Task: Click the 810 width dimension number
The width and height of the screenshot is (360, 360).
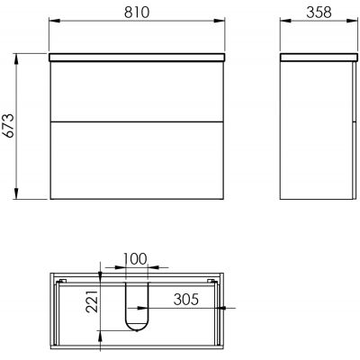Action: pos(137,13)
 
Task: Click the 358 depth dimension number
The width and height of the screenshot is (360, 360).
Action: pos(319,13)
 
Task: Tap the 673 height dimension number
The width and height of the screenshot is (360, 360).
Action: pos(9,126)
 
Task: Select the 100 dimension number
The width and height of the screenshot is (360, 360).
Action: pos(136,259)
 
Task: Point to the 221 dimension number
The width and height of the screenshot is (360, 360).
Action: pos(92,301)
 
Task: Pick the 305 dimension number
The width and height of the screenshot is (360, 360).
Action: pos(186,299)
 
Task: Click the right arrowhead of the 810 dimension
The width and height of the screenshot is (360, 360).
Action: pos(219,21)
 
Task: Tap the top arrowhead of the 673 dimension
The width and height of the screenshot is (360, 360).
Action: pos(16,59)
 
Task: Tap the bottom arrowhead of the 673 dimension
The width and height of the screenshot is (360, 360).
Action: pos(16,193)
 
